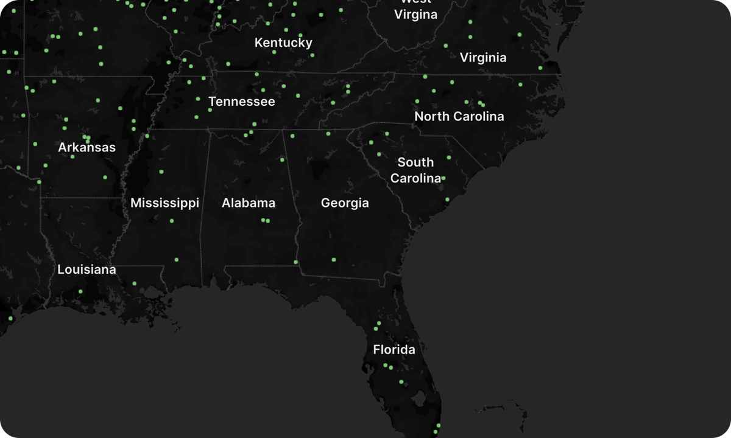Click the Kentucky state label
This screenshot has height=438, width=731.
tap(283, 43)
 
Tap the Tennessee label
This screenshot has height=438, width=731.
tap(242, 102)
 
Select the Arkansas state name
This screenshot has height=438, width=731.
tap(87, 147)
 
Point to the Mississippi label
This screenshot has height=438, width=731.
tap(164, 203)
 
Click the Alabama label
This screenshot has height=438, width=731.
tap(249, 203)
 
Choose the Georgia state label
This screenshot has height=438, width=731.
tap(345, 203)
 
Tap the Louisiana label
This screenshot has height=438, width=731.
tap(87, 269)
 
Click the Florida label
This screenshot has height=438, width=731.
tap(394, 350)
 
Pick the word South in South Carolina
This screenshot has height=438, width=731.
tap(415, 162)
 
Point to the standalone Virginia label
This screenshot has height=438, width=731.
tap(483, 58)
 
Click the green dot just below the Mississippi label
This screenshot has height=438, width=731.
tap(172, 221)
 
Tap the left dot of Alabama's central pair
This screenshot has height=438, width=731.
tap(263, 220)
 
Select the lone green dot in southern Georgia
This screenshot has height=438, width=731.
tap(334, 260)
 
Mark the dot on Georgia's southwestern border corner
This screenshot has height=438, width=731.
tap(296, 262)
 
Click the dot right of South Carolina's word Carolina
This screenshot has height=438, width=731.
tap(443, 178)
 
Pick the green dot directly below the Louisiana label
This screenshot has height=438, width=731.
tap(80, 291)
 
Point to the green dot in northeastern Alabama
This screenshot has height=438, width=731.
tap(282, 160)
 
